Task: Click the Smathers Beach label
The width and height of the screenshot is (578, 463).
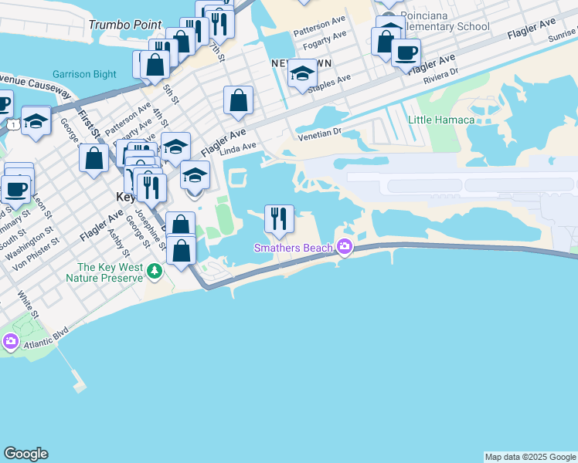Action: click(294, 248)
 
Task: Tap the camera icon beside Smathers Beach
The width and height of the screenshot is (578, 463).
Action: click(344, 248)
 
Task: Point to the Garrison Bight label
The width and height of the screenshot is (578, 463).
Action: click(85, 75)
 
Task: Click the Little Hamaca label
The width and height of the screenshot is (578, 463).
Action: click(443, 120)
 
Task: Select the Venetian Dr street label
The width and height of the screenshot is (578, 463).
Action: click(322, 133)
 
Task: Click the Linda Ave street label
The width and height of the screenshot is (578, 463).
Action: click(237, 147)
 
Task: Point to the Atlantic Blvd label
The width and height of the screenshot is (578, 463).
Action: click(44, 333)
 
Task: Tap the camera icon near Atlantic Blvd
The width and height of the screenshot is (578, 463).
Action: click(11, 340)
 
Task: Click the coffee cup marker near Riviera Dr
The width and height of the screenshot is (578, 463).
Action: click(406, 53)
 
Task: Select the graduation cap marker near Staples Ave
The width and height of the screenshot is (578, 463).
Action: click(301, 75)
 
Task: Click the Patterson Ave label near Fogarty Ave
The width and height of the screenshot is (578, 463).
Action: click(319, 35)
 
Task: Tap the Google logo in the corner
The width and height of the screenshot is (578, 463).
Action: click(25, 454)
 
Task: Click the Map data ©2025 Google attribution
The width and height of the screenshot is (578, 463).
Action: click(530, 457)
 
